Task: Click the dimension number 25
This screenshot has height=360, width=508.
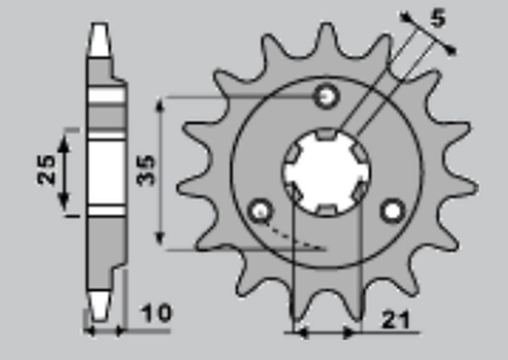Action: [x=46, y=170]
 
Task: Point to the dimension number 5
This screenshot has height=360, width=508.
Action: [x=437, y=18]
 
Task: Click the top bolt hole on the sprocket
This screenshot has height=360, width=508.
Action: [x=327, y=96]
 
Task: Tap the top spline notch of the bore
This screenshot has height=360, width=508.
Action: [x=327, y=134]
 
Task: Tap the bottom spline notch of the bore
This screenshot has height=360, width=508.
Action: [x=327, y=209]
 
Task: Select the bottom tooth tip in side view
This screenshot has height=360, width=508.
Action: [x=99, y=306]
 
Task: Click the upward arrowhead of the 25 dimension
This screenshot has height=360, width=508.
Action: [x=64, y=142]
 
